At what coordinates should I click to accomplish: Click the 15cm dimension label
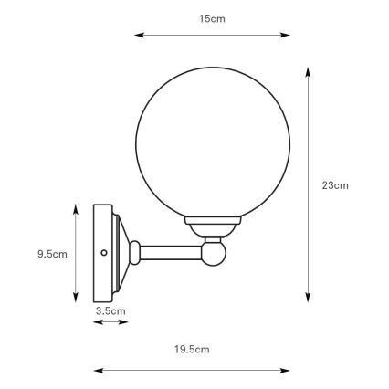click(212, 19)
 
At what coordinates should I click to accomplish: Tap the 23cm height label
click(335, 184)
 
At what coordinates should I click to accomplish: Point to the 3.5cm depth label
click(110, 311)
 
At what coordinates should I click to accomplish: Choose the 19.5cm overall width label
click(192, 349)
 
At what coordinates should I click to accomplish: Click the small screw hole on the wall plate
click(104, 252)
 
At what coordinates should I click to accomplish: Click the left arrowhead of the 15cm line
click(138, 36)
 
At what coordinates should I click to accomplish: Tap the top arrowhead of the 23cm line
click(308, 70)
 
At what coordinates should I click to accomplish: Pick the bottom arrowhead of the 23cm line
click(308, 298)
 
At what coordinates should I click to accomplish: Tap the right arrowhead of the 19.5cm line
click(287, 370)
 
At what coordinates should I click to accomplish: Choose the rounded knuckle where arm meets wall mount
click(134, 250)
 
